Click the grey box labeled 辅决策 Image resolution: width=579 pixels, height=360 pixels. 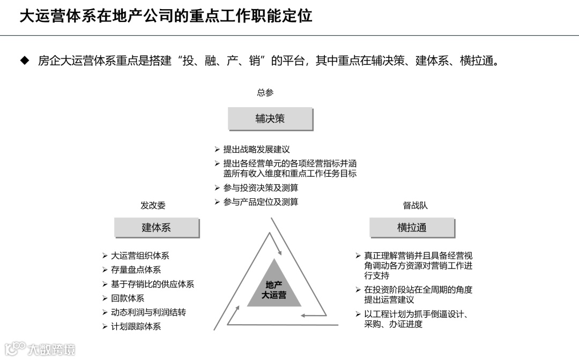tap(270, 118)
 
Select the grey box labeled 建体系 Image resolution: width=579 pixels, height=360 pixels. tap(156, 227)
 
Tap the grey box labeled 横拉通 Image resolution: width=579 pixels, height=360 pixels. tap(412, 227)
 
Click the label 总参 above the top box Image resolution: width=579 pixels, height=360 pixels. tap(265, 93)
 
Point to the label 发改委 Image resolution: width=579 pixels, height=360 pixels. tap(153, 205)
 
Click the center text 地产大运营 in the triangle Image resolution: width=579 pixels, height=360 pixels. tap(274, 290)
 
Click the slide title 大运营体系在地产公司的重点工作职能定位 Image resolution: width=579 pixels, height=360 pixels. tap(166, 16)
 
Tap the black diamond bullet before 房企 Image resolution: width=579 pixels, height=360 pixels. tap(24, 61)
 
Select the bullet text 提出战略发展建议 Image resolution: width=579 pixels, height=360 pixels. tap(256, 149)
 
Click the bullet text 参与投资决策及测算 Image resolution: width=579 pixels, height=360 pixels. tap(261, 188)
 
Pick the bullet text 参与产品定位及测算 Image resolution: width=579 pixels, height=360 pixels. tap(261, 202)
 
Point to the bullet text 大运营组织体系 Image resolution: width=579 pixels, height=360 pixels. tap(140, 256)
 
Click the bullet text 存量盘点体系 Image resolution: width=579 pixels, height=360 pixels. tap(136, 270)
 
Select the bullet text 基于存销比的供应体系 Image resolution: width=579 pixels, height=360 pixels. tap(152, 284)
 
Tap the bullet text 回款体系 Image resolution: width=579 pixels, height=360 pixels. tap(128, 298)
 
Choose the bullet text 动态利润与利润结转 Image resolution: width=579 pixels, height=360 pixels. tap(149, 312)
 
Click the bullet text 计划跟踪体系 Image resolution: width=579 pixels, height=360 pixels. tap(136, 326)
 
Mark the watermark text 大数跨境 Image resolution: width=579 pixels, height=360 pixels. tap(51, 350)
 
